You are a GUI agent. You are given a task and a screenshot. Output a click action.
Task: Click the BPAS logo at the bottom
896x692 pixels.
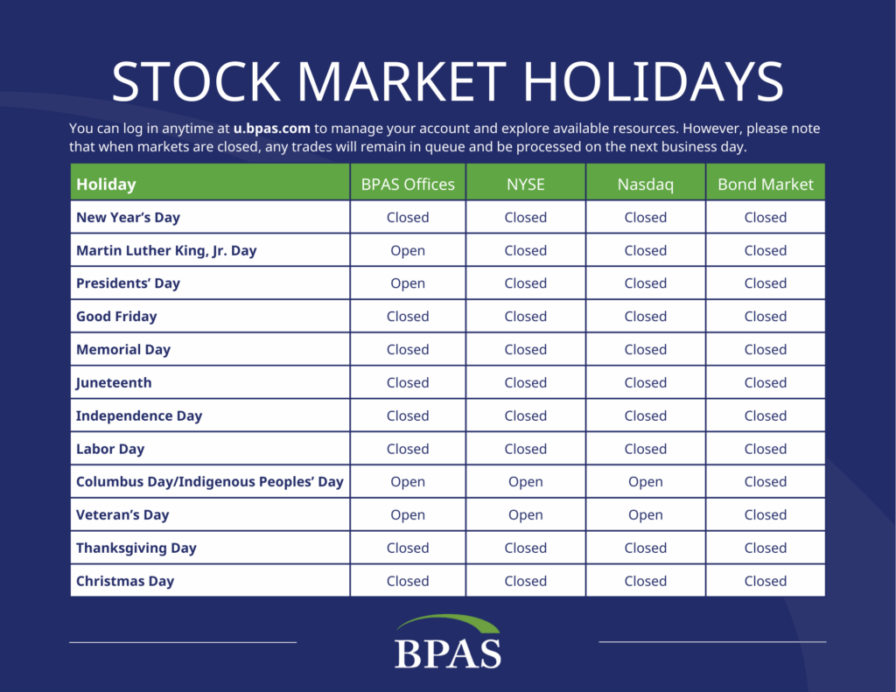(448, 642)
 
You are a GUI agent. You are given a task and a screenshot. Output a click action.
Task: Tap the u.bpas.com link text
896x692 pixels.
(271, 129)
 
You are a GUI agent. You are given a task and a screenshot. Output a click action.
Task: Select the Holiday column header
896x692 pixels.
(106, 184)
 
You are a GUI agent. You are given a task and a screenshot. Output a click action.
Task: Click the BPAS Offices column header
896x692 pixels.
(408, 184)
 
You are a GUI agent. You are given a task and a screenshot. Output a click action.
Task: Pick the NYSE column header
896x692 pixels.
(526, 184)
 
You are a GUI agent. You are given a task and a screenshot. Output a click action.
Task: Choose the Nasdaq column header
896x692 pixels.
(646, 184)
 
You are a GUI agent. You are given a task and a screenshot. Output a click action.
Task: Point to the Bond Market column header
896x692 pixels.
(766, 184)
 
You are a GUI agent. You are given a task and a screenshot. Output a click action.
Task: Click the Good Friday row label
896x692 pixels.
(116, 317)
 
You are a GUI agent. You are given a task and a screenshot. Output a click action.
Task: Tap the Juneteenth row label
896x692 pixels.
(114, 383)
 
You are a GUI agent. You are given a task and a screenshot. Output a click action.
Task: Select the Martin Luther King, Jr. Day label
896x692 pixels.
(166, 251)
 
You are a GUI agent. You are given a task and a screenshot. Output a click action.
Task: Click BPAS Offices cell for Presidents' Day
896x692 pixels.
(408, 283)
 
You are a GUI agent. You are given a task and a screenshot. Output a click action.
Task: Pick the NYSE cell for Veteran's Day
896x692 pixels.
(526, 515)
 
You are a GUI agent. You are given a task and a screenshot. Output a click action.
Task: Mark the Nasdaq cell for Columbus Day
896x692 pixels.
(646, 482)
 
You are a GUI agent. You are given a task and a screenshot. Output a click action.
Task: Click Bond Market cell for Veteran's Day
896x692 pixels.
(766, 515)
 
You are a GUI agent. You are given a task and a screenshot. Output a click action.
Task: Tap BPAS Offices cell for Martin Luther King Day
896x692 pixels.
(408, 251)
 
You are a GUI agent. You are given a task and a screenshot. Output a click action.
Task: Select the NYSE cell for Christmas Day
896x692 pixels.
(526, 581)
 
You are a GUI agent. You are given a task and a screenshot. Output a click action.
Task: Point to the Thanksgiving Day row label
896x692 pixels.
(136, 548)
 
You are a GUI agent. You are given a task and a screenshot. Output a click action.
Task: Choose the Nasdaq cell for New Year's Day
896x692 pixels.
(646, 218)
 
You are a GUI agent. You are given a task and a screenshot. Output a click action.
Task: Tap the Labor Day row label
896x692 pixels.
(110, 449)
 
